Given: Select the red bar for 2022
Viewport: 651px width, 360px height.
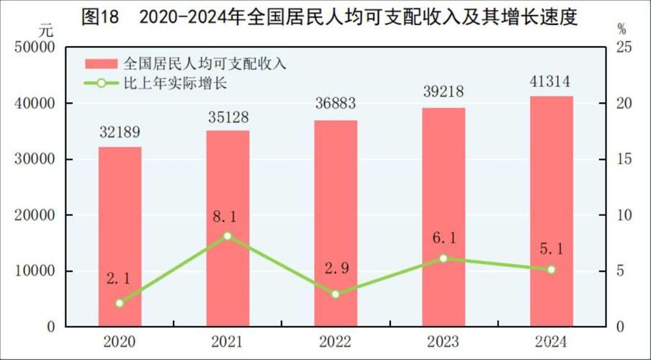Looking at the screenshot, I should (x=336, y=223).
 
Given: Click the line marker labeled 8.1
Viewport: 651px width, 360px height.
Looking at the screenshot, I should (x=228, y=236).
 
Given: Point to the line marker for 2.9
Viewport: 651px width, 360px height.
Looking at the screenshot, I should (x=336, y=294).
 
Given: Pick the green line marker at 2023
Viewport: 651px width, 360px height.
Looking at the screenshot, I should (x=444, y=258).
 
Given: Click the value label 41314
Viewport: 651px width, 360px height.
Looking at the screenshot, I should (x=552, y=81).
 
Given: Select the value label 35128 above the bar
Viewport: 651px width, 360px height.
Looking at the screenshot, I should (x=228, y=115).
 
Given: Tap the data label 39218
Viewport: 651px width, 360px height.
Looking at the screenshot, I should (x=444, y=92).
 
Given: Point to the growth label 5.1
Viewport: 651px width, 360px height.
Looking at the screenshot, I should (x=552, y=249).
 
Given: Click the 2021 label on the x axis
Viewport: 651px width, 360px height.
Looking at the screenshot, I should (x=228, y=341).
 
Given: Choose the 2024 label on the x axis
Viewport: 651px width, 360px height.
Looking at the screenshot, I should (x=552, y=341).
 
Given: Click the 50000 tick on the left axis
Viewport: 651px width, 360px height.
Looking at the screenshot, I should (x=35, y=48).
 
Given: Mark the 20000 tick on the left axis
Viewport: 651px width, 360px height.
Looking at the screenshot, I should (x=35, y=215).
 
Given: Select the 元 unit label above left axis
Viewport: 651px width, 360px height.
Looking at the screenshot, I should (x=46, y=30).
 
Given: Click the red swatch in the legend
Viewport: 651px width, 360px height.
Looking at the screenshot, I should (x=101, y=63).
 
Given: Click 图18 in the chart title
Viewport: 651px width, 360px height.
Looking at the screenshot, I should (x=99, y=14).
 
